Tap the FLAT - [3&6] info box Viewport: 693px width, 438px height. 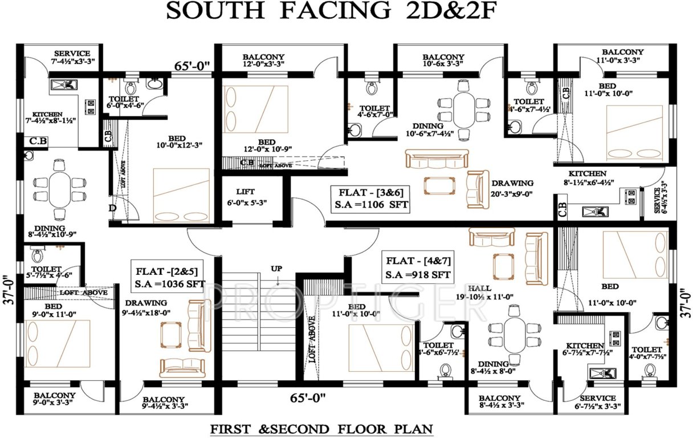(370, 198)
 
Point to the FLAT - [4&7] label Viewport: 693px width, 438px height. (418, 268)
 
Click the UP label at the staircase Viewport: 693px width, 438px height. (277, 267)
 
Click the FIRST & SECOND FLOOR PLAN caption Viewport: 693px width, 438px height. (321, 428)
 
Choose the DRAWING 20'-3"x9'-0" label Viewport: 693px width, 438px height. (512, 188)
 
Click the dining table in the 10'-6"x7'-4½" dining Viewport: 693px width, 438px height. (464, 110)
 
